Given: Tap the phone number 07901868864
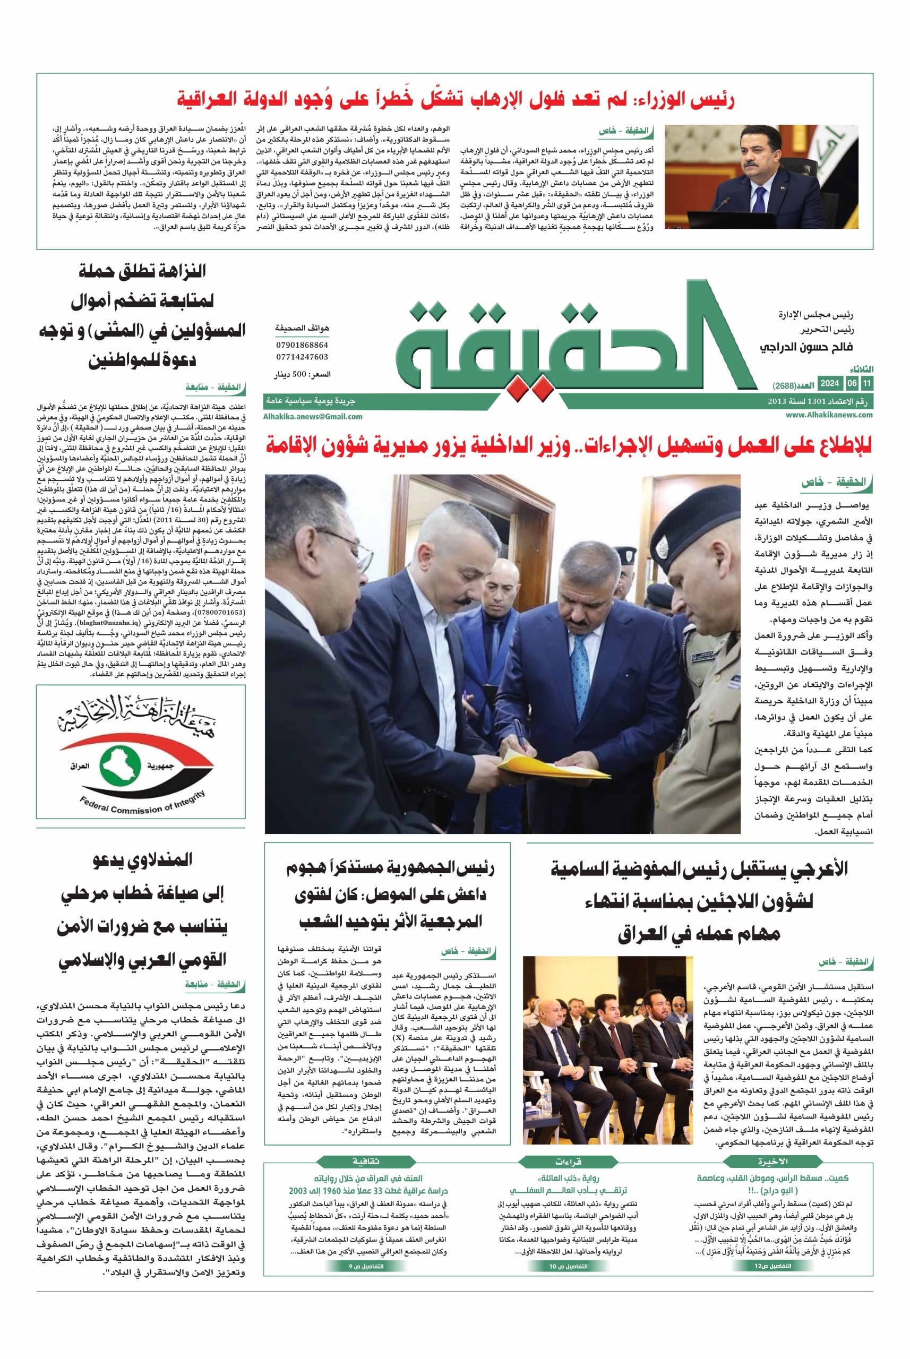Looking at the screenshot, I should (302, 345).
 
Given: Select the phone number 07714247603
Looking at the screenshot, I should (302, 357).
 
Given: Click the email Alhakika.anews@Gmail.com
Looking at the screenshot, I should (313, 416).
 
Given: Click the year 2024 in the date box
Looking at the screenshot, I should (830, 384).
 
